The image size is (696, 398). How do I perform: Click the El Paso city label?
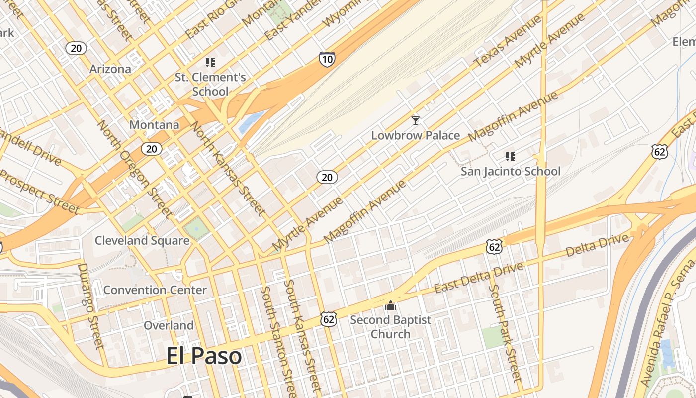(204, 356)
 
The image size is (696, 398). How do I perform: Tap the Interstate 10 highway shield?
(327, 60)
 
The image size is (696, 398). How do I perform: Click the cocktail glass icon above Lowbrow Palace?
(416, 120)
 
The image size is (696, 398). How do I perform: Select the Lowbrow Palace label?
(416, 135)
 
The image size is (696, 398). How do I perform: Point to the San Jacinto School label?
(511, 172)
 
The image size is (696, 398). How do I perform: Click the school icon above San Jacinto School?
(510, 157)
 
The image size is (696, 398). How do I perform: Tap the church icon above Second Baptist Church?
(391, 305)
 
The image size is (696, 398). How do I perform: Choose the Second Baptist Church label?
(391, 327)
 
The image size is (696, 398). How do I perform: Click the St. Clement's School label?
(210, 84)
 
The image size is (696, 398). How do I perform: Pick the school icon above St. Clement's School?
(210, 63)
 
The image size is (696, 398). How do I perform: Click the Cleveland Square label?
(142, 241)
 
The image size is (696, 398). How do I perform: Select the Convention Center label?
(155, 290)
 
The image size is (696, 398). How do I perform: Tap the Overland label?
(169, 325)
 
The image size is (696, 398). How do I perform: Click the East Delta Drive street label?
(479, 278)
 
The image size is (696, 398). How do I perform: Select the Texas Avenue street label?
(507, 42)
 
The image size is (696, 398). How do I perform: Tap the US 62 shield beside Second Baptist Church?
(329, 319)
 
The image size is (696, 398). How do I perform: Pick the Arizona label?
(110, 69)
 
